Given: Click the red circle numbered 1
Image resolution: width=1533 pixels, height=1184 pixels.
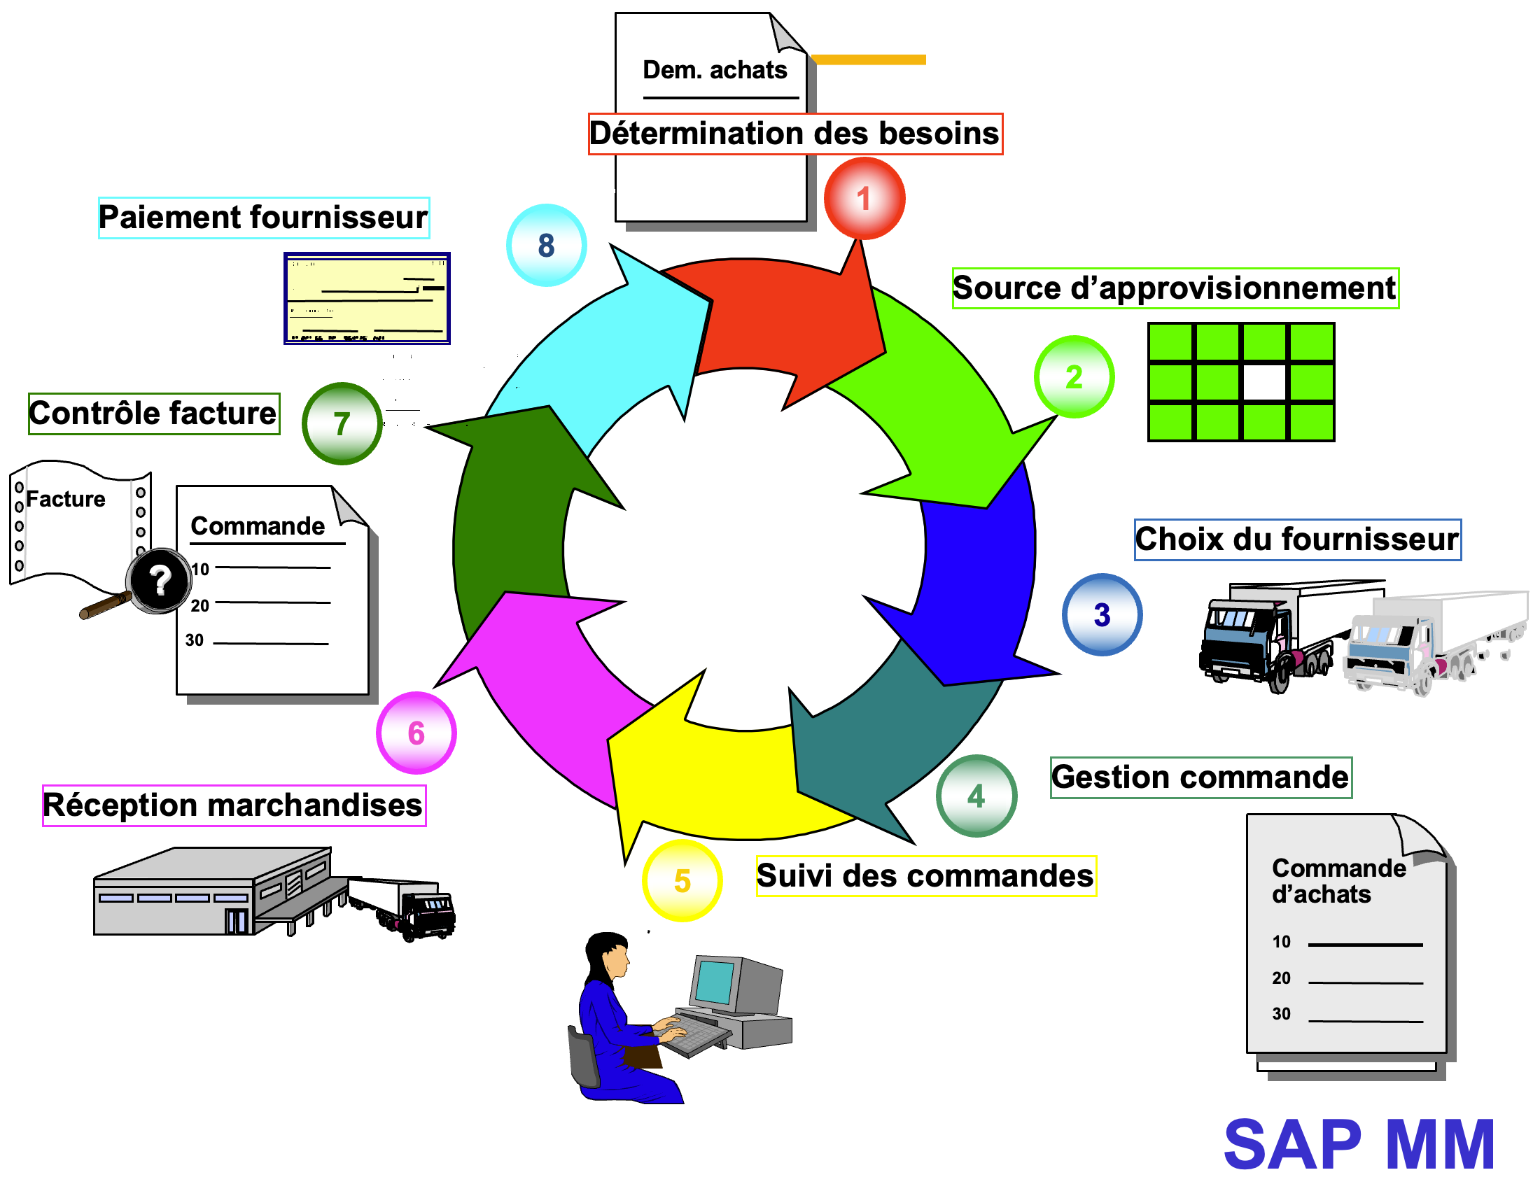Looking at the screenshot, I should point(864,199).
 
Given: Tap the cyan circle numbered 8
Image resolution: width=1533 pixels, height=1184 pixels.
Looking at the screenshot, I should point(546,245).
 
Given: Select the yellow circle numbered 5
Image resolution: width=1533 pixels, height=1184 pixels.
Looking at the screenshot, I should point(682,880).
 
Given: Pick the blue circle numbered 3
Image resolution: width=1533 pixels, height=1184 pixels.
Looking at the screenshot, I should point(1101,615).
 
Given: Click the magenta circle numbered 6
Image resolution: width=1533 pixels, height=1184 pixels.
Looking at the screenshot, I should point(416,733).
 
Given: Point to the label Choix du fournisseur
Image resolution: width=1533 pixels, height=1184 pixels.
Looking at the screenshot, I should point(1297,540).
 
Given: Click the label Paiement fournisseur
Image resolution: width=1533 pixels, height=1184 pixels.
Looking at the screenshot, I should point(263,218).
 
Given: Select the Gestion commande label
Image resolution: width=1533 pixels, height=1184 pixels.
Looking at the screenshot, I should point(1200,777).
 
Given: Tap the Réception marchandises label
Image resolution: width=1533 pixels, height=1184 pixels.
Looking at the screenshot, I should point(233,805).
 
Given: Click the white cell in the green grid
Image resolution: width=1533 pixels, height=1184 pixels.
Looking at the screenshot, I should point(1264,383).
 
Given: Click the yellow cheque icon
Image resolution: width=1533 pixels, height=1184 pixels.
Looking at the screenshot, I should point(366,298).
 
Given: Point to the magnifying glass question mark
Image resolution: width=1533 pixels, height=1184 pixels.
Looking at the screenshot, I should point(160,579).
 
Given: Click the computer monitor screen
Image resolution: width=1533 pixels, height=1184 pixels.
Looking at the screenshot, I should point(715,982).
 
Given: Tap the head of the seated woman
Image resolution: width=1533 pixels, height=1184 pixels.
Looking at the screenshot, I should point(609,954).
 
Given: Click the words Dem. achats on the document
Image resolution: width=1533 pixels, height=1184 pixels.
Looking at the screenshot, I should point(715,70).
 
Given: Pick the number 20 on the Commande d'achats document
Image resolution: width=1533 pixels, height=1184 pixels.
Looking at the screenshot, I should point(1281,978).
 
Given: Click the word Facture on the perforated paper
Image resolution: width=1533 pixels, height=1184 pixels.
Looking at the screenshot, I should point(65,499).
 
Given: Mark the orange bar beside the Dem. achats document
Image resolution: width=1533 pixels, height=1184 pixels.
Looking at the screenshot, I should point(868,59).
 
